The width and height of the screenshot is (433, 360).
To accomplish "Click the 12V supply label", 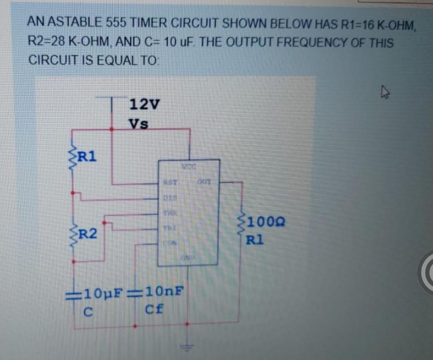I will point(144,104).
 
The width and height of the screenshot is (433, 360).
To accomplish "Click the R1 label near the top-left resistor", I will point(87,156).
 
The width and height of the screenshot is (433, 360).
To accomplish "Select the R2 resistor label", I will point(87,233).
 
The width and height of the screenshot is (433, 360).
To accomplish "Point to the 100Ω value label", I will point(265,222).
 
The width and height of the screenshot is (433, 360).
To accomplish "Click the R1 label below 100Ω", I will point(255,241).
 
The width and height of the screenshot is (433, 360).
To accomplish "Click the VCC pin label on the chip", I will point(188,167).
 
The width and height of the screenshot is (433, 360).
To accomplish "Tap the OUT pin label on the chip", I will point(203,182).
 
